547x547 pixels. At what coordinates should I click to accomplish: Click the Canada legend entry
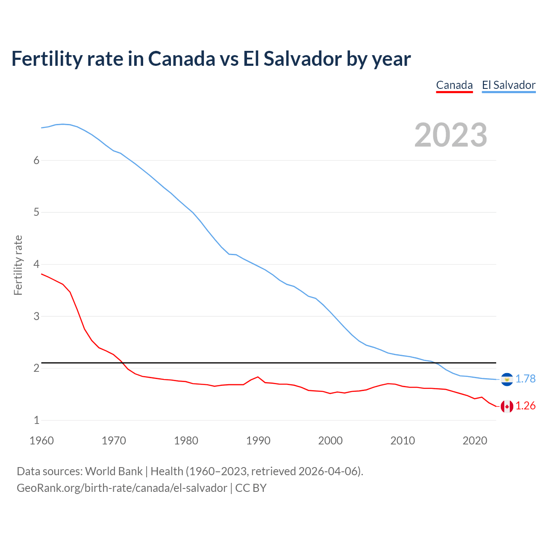point(454,85)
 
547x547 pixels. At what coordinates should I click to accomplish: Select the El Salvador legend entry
point(509,85)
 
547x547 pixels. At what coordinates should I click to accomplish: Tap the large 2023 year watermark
point(450,135)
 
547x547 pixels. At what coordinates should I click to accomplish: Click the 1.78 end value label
point(525,379)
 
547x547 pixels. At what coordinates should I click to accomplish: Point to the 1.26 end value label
point(525,406)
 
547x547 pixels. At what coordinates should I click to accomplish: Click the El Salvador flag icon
point(507,379)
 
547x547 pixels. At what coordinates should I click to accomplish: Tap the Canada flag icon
point(507,406)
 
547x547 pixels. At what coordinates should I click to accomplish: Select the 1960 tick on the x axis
point(41,441)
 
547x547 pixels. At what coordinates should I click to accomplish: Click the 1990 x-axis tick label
point(258,441)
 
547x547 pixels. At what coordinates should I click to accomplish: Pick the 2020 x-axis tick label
point(475,441)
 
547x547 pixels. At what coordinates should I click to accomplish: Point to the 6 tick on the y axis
point(36,160)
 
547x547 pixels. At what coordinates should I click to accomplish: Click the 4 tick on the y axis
point(36,264)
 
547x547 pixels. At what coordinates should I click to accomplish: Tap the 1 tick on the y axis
point(36,420)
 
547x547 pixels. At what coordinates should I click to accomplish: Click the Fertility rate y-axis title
point(18,265)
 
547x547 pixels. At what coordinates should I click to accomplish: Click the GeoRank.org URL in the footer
point(122,488)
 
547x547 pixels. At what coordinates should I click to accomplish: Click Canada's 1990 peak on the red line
point(258,377)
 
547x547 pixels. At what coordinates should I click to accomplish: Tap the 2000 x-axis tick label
point(330,441)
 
